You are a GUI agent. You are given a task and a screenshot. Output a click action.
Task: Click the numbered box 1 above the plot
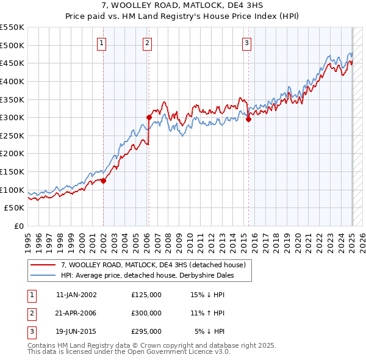coord(101,43)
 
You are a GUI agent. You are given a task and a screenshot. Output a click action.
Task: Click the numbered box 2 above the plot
coord(148,43)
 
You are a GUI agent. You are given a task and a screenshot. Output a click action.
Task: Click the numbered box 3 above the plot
coord(246,43)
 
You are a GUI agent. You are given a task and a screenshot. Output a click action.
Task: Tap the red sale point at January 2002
coord(103,181)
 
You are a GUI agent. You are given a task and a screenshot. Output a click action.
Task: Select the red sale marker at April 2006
coord(149,117)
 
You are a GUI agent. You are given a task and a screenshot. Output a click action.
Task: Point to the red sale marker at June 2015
coord(248,119)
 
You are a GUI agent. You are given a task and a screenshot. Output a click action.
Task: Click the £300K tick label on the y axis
coord(12,117)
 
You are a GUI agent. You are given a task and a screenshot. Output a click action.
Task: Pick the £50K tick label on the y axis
coord(15,208)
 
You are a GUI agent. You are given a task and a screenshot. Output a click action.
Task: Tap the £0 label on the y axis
coord(20,226)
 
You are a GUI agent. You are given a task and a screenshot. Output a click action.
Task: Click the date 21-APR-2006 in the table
coord(76,313)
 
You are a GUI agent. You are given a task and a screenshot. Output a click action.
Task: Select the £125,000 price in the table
coord(146,295)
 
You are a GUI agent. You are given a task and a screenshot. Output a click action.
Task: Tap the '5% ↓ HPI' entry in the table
coord(210,331)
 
